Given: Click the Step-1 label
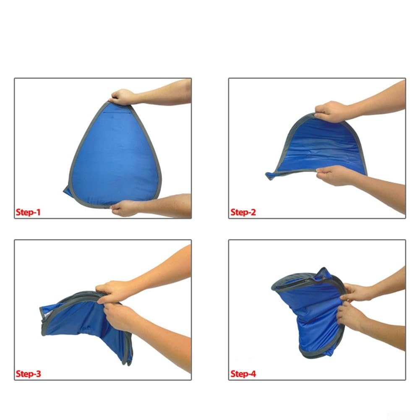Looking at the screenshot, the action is coord(28,212).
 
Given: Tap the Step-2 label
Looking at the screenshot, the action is coord(243,212).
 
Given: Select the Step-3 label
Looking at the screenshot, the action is coord(29,374).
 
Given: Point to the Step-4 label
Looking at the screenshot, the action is coord(243,374).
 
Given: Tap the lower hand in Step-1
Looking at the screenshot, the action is coord(124,208).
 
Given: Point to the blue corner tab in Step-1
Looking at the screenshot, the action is coord(68,190).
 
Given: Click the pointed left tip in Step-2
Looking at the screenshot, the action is coord(268,175).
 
